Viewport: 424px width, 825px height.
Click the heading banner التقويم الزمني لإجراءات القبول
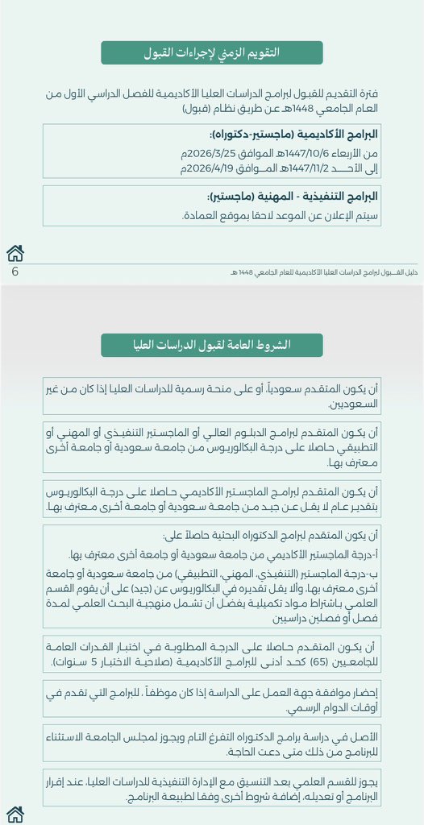[211, 53]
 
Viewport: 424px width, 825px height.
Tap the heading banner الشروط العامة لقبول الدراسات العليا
[211, 346]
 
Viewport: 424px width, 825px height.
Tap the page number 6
[15, 272]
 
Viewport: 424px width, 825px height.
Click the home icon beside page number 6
[15, 253]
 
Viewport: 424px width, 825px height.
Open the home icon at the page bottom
[15, 815]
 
